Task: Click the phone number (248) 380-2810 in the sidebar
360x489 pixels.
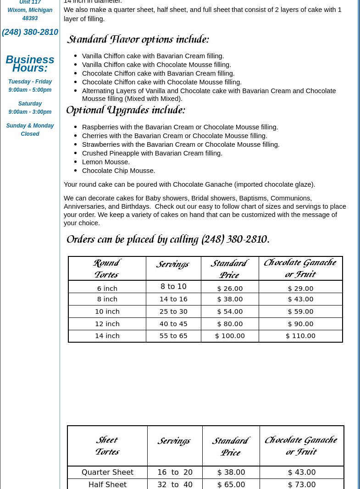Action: coord(30,32)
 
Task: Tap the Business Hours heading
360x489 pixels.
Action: coord(30,64)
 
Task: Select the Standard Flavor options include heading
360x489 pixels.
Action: coord(138,40)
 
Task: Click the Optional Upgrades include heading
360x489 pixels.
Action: coord(126,111)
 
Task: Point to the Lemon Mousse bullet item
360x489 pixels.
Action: coord(106,162)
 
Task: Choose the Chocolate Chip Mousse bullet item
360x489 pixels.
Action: coord(118,171)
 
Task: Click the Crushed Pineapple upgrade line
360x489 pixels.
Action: coord(152,153)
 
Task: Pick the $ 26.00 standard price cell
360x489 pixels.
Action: coord(230,289)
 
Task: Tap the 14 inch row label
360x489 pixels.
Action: coord(107,336)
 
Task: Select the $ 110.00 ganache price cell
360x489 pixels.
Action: coord(300,336)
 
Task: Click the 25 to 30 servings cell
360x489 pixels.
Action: coord(173,311)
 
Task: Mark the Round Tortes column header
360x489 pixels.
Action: coord(107,269)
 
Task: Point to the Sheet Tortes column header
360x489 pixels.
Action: coord(107,446)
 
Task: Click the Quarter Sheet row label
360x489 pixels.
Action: coord(107,472)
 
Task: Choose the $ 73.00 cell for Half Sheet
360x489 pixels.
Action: coord(301,484)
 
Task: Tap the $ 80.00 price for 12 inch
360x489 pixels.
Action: coord(230,324)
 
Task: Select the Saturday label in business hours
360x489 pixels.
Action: coord(30,104)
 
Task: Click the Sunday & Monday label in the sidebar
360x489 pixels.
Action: coord(30,126)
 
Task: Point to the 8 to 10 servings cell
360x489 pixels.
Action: coord(173,287)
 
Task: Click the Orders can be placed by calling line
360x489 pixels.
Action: coord(168,240)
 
